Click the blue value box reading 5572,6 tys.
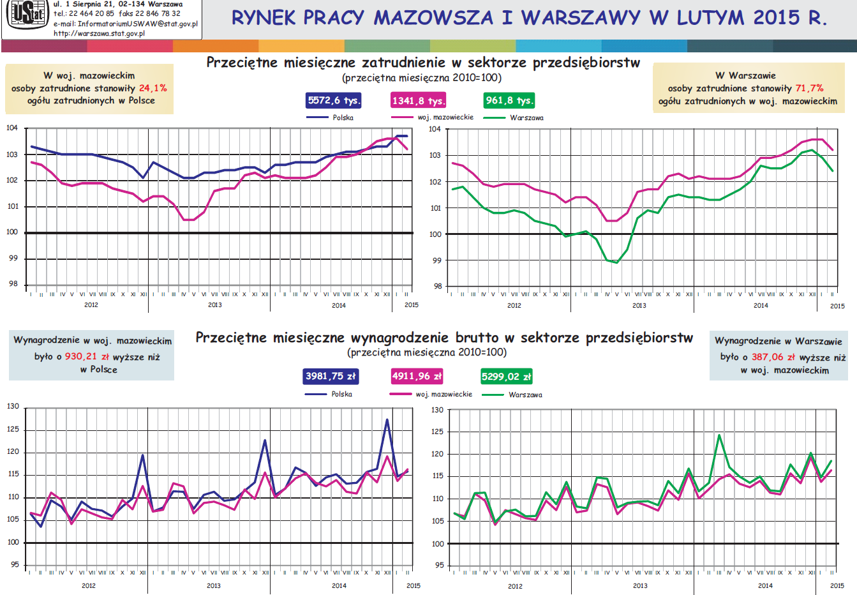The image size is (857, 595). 334,100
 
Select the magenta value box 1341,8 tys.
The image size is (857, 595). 419,101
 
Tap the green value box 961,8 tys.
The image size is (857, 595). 509,100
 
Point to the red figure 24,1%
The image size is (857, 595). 153,88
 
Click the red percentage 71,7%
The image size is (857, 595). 809,88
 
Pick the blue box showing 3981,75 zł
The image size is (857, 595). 331,376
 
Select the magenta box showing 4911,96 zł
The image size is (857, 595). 417,376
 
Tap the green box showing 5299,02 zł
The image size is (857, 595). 507,377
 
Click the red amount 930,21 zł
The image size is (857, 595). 87,357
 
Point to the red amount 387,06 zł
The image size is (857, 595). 773,358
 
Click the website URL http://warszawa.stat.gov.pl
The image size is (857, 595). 99,33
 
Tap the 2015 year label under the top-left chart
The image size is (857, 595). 412,305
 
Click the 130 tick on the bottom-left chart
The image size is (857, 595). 13,406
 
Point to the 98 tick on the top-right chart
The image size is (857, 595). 437,287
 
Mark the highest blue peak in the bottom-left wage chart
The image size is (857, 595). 387,419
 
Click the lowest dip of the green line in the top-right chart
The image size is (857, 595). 616,262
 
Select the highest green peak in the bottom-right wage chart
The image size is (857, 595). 719,435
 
